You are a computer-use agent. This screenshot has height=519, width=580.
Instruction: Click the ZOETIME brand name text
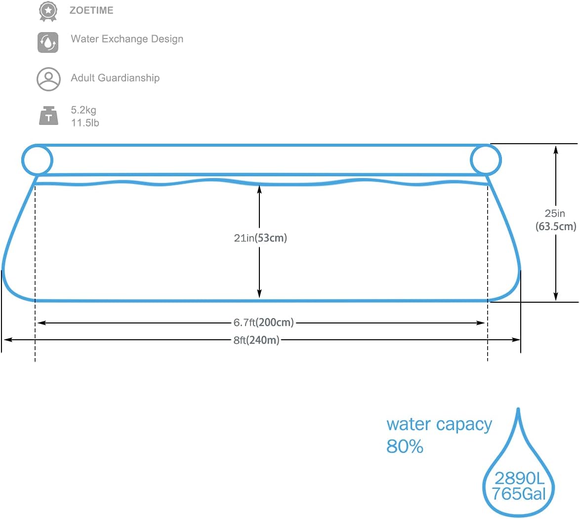(91, 10)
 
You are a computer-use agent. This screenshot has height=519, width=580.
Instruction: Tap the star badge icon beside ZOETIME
(48, 10)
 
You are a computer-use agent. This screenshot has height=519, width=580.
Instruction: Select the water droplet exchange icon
(48, 42)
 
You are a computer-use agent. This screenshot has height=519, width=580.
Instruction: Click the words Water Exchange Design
(127, 39)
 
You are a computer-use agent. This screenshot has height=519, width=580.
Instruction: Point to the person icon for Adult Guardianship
(48, 79)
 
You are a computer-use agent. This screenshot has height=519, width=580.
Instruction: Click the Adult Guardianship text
(115, 78)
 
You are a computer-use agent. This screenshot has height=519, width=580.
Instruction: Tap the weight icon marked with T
(48, 116)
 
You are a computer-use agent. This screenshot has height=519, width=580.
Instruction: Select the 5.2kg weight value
(83, 110)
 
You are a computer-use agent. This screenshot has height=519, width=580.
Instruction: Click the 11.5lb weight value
(85, 123)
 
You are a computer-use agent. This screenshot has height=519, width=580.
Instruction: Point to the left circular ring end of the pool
(37, 160)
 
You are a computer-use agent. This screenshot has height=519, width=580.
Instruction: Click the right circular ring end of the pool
(486, 160)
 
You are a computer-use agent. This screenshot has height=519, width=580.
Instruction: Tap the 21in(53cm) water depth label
(260, 238)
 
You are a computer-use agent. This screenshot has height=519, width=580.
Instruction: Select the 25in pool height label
(555, 213)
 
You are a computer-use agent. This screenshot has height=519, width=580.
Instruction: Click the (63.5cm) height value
(556, 227)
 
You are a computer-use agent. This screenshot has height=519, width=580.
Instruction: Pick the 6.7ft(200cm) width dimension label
(263, 322)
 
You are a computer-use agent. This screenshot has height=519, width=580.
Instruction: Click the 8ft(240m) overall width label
(256, 340)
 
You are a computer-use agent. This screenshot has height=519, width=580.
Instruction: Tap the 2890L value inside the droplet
(519, 478)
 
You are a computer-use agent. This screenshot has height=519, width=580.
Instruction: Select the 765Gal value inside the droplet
(519, 494)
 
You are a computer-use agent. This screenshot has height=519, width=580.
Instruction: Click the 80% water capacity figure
(405, 446)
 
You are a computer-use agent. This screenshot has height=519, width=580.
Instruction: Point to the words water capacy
(439, 425)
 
